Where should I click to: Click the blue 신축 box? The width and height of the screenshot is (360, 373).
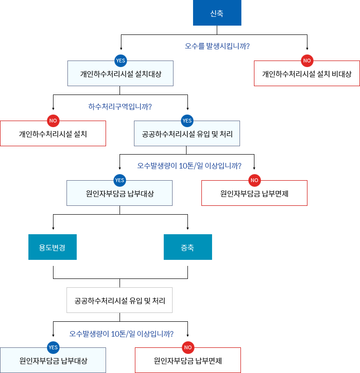217,14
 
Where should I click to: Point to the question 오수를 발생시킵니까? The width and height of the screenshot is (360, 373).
217,46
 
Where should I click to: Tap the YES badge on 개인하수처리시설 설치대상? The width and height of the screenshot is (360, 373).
120,61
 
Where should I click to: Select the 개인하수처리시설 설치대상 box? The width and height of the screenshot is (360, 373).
120,74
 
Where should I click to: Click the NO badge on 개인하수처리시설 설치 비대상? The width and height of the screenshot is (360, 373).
307,61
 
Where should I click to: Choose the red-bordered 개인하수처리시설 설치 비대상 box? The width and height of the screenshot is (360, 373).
307,74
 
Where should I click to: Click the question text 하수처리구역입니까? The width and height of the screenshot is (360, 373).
120,106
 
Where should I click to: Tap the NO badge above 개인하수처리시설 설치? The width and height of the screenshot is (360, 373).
53,121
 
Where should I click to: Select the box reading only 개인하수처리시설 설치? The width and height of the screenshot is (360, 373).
53,134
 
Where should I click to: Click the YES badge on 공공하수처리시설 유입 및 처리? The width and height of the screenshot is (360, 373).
187,121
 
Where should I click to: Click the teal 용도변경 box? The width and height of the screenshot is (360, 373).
53,247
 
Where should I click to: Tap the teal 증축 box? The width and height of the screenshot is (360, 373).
187,247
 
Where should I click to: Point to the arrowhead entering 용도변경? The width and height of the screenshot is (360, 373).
53,228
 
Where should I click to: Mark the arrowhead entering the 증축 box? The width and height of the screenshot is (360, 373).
187,228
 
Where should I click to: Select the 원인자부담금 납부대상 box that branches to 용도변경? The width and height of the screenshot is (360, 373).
120,193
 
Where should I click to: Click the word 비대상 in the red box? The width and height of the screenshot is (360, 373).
342,74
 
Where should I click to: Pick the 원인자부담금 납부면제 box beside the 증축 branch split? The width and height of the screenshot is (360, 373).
254,193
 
